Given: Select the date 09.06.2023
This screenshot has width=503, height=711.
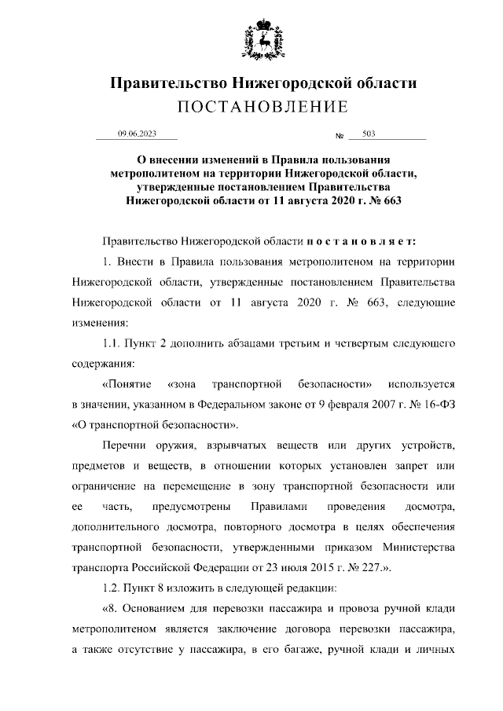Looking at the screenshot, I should tap(137, 134).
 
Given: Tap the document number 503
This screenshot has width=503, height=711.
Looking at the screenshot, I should tap(369, 134).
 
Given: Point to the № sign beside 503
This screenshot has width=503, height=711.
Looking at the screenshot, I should tap(340, 136).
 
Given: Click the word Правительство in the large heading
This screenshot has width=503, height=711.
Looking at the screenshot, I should tap(163, 83).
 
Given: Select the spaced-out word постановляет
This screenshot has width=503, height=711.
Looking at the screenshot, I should tap(361, 239).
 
